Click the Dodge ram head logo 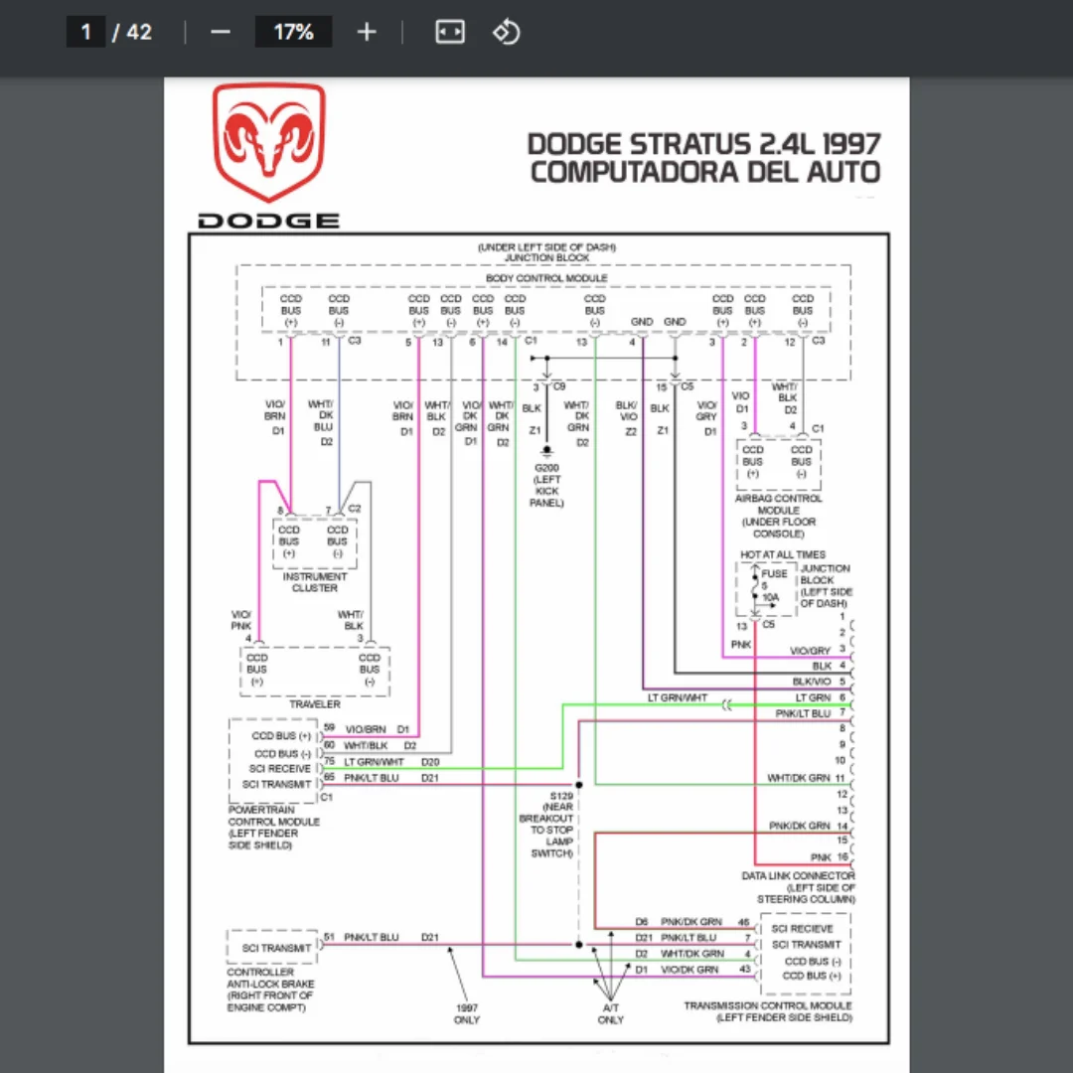pyautogui.click(x=268, y=143)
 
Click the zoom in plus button pyautogui.click(x=367, y=32)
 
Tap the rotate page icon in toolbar pyautogui.click(x=507, y=32)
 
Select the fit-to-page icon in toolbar pyautogui.click(x=450, y=32)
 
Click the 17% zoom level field pyautogui.click(x=293, y=32)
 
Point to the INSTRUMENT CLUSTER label pyautogui.click(x=315, y=582)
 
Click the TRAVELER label pyautogui.click(x=315, y=704)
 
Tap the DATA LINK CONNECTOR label pyautogui.click(x=798, y=876)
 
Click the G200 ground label pyautogui.click(x=545, y=468)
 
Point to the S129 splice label pyautogui.click(x=561, y=796)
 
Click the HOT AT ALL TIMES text pyautogui.click(x=783, y=554)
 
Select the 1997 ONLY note pyautogui.click(x=466, y=1013)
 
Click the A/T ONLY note pyautogui.click(x=611, y=1013)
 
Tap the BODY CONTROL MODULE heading pyautogui.click(x=546, y=278)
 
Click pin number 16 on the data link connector pyautogui.click(x=843, y=856)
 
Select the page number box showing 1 pyautogui.click(x=85, y=32)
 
